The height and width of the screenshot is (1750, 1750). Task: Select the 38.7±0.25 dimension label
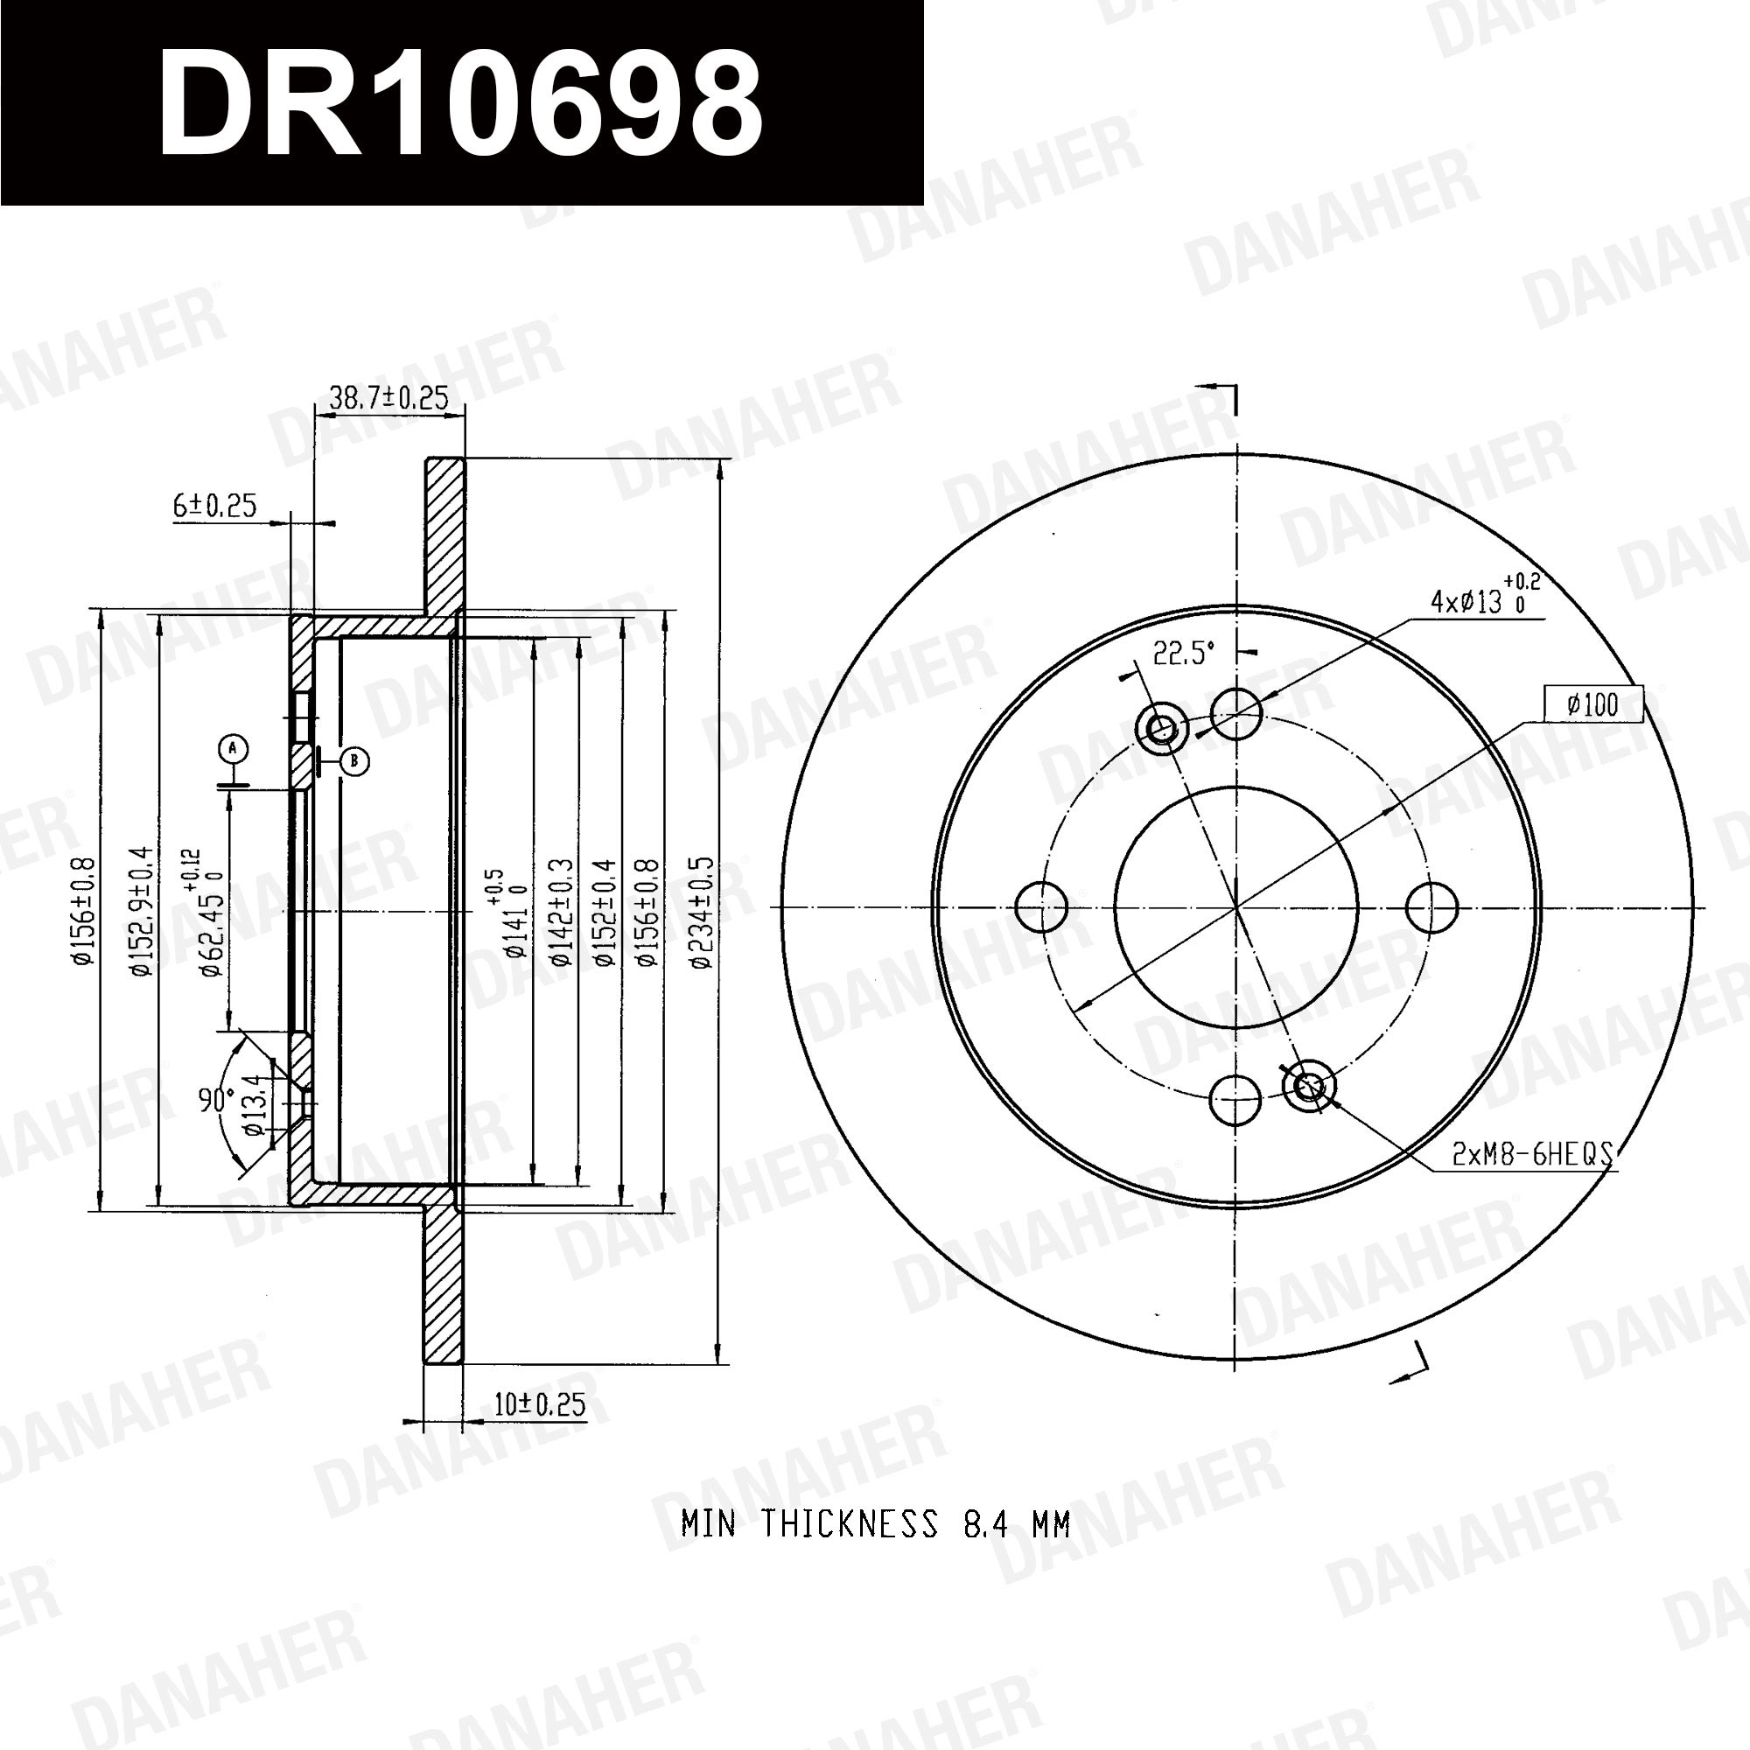[x=388, y=396]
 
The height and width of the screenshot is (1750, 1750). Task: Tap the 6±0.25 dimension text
[x=214, y=506]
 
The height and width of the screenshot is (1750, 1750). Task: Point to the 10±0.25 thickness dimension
[x=540, y=1405]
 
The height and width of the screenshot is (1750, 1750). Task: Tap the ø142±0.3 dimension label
[x=562, y=913]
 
